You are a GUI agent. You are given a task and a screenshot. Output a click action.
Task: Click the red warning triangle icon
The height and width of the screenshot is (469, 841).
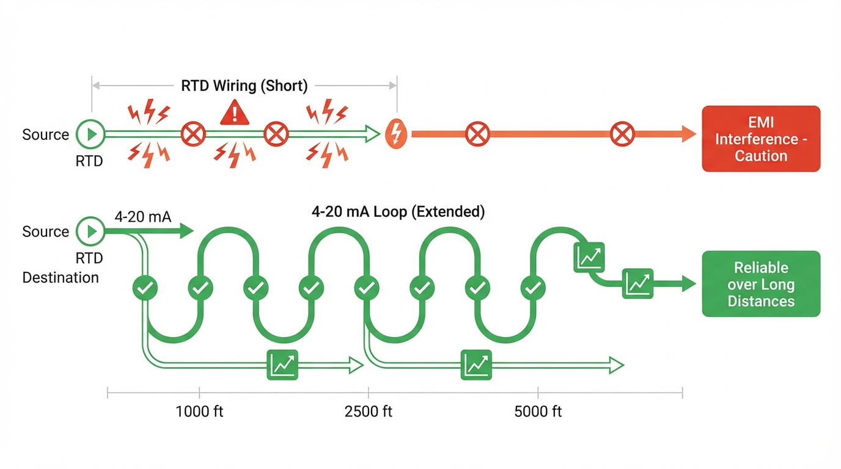coord(234,114)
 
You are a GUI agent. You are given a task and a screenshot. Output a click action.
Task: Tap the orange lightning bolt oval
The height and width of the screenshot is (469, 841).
coord(397,134)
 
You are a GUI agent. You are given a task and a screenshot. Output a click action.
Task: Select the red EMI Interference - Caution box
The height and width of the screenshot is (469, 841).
coord(761,139)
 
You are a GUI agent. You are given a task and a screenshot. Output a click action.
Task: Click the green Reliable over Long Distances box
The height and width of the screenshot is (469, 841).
coord(761,284)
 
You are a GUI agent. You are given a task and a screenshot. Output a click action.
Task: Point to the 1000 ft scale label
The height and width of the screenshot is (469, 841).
coord(199,412)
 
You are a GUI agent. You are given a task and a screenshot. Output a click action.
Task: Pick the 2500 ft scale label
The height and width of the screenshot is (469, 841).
coord(369,412)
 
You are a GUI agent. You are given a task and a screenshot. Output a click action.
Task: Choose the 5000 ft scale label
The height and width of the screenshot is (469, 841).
coord(538,412)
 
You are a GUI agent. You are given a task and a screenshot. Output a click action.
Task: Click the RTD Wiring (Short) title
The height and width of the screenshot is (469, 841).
coord(244,85)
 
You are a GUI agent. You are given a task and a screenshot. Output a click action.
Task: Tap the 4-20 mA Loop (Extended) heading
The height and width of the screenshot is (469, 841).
coord(398,212)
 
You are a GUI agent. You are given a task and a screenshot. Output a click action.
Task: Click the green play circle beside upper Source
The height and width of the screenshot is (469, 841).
coord(91,134)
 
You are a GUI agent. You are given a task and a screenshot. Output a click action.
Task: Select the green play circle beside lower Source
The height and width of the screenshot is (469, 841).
coord(91,231)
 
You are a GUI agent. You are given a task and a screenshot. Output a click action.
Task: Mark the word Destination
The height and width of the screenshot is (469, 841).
coord(61,277)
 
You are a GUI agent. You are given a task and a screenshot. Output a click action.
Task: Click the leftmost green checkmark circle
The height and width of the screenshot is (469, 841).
coord(145,287)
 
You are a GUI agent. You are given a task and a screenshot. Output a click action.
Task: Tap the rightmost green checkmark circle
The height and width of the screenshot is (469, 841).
coord(533,287)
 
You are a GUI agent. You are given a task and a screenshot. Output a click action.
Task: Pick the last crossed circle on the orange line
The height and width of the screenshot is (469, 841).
coord(622,134)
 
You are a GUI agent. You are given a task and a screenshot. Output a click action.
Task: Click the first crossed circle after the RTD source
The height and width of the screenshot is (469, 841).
coord(194,134)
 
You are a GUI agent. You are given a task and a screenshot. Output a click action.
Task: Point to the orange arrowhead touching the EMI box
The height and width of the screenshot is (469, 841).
coord(689,134)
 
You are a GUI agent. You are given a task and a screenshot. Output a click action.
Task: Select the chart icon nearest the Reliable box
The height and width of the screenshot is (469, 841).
coord(637,283)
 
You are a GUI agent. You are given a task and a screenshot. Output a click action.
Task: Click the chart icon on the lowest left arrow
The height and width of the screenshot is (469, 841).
coord(282,365)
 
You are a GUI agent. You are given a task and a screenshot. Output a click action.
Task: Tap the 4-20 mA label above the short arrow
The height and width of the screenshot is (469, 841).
coord(143,216)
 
